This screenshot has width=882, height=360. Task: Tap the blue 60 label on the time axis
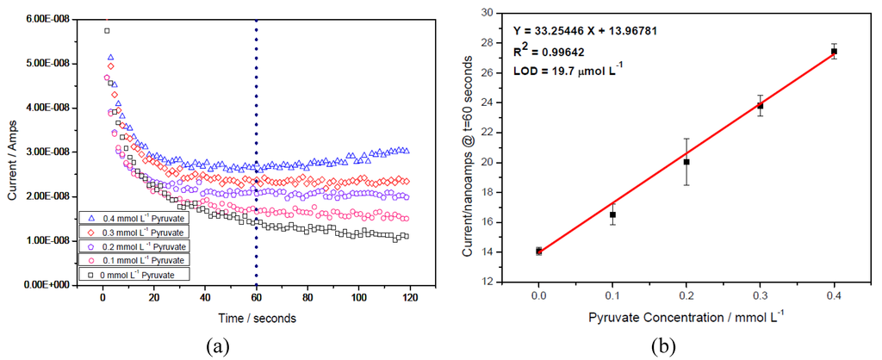[256, 297]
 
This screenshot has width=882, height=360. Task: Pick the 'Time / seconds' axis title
[256, 318]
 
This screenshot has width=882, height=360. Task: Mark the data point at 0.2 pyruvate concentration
[686, 161]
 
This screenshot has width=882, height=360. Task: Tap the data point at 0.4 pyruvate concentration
[834, 52]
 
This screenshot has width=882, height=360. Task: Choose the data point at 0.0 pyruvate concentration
[538, 251]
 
